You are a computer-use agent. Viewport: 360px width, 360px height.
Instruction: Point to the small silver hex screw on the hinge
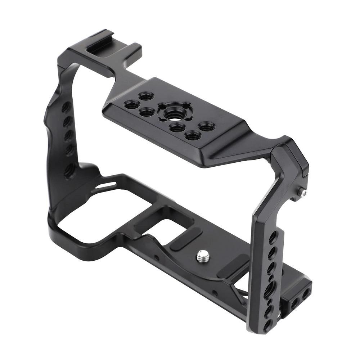[304, 193]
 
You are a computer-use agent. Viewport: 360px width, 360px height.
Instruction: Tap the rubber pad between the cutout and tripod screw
[186, 240]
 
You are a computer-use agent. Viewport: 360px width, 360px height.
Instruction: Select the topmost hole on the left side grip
[66, 107]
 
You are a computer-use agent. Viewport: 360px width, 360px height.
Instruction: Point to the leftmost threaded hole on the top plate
[131, 104]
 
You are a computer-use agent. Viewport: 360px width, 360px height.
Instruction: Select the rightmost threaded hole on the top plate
[207, 126]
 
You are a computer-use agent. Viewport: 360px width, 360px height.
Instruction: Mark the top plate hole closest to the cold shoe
[146, 96]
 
